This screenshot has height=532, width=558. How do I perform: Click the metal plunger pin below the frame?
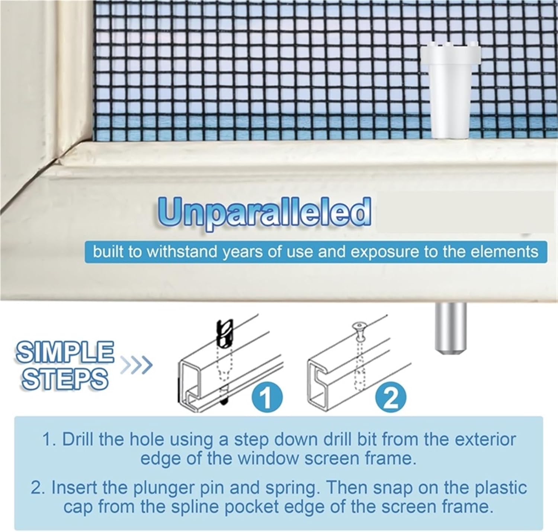pyautogui.click(x=450, y=327)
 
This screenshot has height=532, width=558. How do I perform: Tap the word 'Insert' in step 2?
pyautogui.click(x=74, y=488)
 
